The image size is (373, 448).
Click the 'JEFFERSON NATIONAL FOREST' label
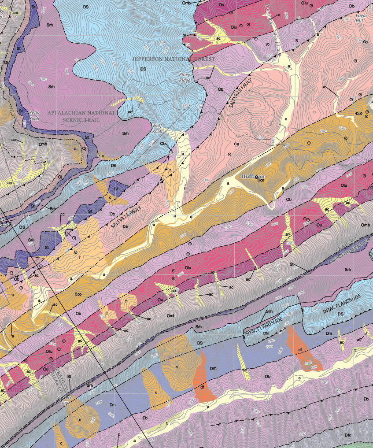coord(174,59)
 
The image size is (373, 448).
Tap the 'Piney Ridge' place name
coord(185,77)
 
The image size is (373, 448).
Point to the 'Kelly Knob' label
coord(34,116)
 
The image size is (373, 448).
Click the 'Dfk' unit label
coord(347,435)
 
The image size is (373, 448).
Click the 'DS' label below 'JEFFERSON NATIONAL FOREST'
coord(143,69)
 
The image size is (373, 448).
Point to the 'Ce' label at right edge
coord(365,41)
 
